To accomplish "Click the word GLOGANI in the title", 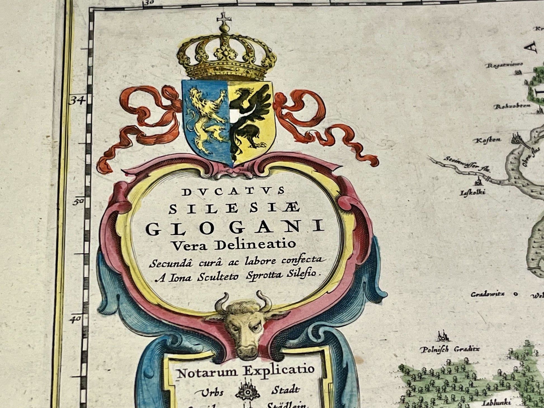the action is pyautogui.click(x=235, y=228).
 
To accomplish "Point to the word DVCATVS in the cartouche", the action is pyautogui.click(x=233, y=191).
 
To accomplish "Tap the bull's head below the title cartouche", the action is pyautogui.click(x=242, y=327).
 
